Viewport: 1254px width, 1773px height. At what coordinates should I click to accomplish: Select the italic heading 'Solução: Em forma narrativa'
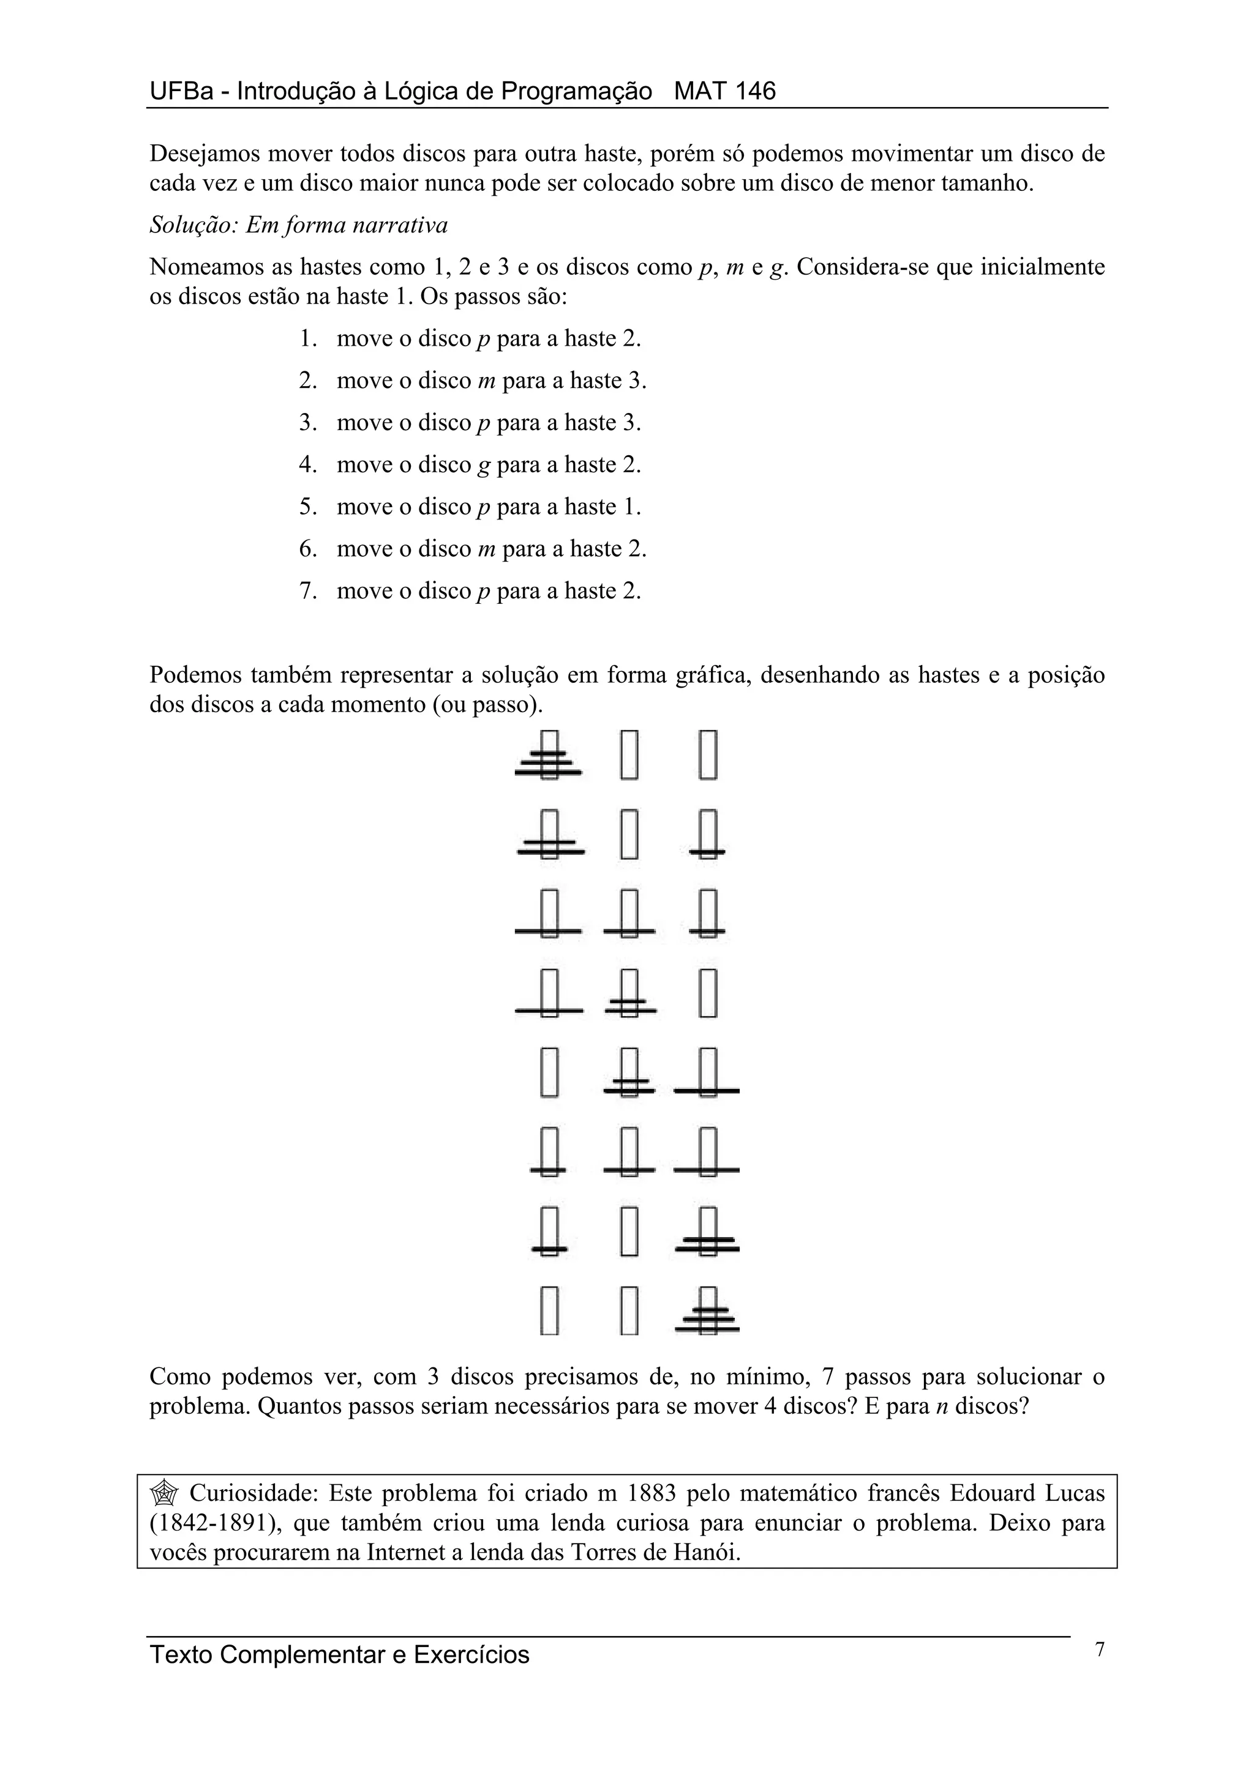(298, 226)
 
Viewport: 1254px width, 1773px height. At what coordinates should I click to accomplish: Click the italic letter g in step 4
(484, 466)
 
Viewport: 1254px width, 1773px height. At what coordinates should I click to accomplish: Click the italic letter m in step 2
(486, 382)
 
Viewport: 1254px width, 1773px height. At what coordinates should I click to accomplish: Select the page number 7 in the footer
(1100, 1649)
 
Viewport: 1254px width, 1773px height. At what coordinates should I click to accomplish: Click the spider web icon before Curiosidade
(164, 1493)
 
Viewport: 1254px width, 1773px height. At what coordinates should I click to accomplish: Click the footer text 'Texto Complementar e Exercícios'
(339, 1654)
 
